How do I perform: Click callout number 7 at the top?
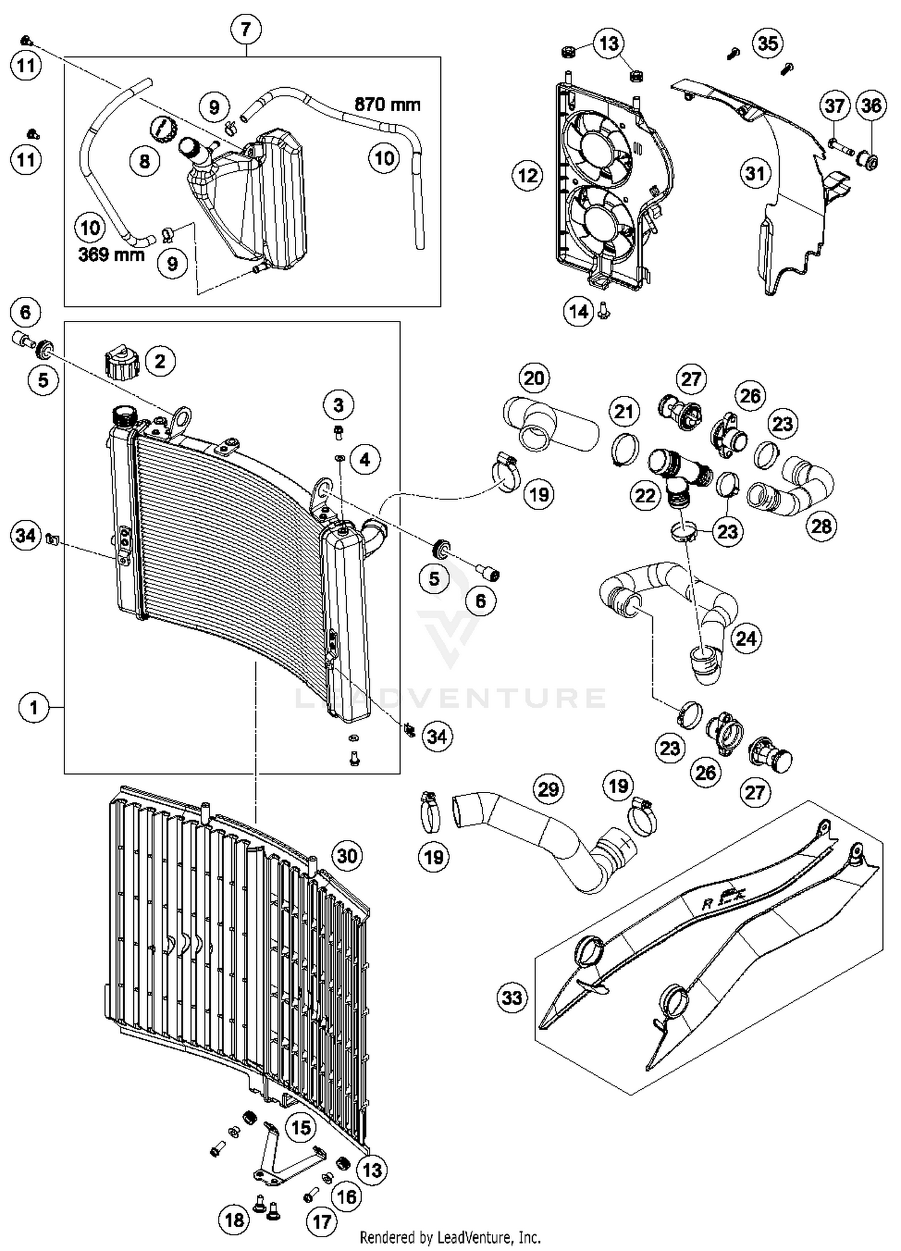click(x=246, y=29)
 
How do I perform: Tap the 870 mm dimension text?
click(x=387, y=105)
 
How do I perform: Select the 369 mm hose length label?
click(x=112, y=255)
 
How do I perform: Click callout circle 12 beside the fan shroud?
click(x=527, y=176)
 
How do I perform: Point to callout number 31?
click(x=755, y=174)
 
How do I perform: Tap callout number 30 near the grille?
click(x=347, y=856)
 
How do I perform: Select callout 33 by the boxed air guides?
click(x=512, y=998)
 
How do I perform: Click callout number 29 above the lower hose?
click(x=548, y=788)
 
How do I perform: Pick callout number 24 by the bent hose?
click(x=746, y=638)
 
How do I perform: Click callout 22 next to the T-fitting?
click(x=645, y=496)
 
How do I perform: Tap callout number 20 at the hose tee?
click(x=534, y=378)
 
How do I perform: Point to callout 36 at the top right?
click(x=871, y=106)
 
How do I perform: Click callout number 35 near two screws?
click(x=768, y=43)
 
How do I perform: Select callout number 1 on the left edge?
click(x=34, y=707)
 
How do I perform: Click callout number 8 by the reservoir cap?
click(x=145, y=161)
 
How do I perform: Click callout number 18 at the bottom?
click(x=234, y=1220)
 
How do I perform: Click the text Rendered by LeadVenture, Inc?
click(x=450, y=1238)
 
